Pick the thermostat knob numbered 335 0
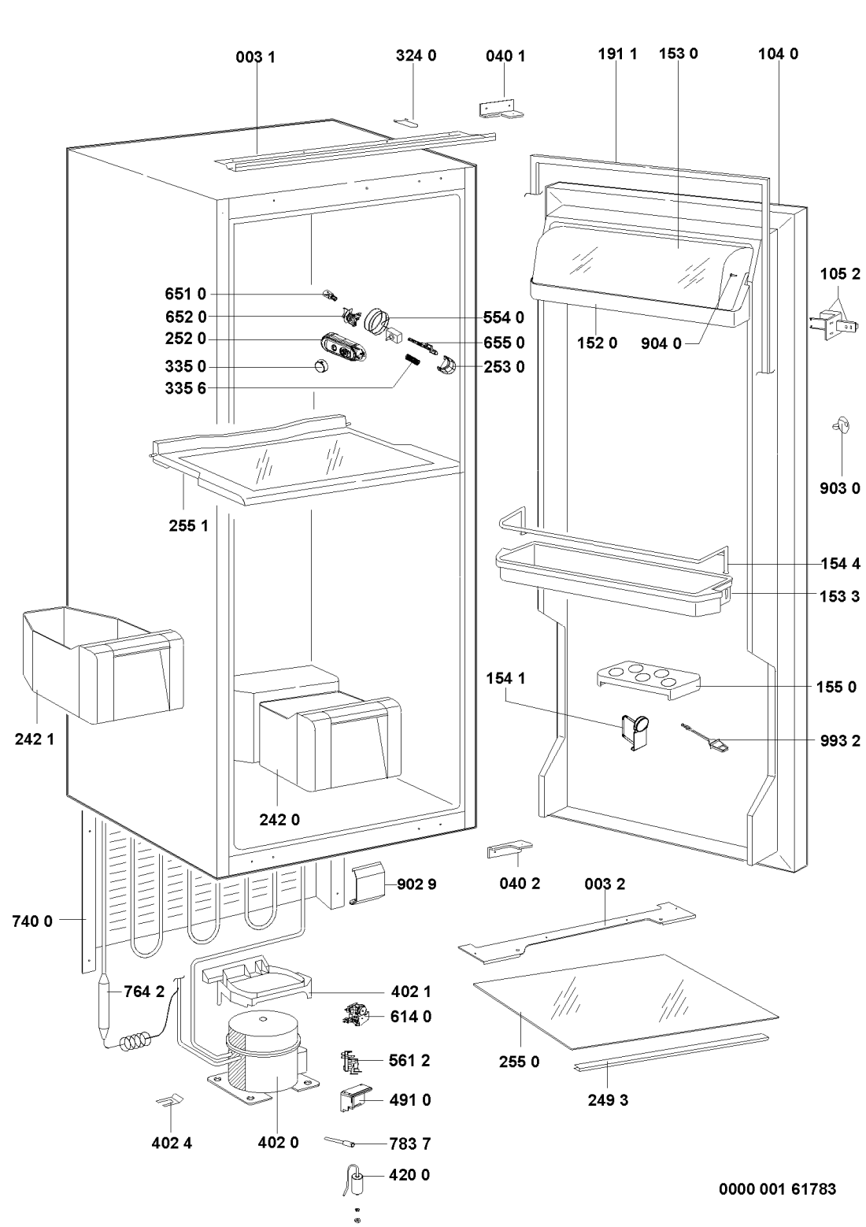tap(320, 367)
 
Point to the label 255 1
tap(189, 525)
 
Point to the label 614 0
tap(410, 1017)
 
